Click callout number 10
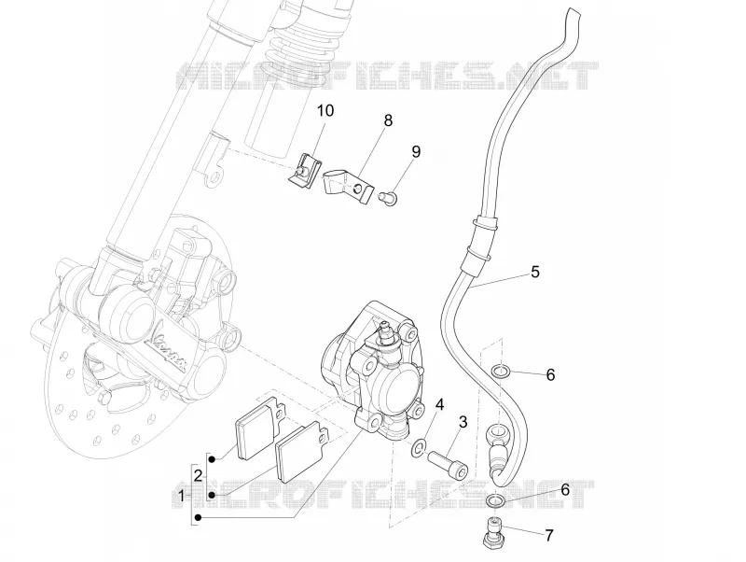pyautogui.click(x=325, y=110)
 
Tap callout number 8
pyautogui.click(x=388, y=120)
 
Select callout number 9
pyautogui.click(x=416, y=152)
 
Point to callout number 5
pyautogui.click(x=535, y=272)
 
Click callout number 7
pyautogui.click(x=549, y=535)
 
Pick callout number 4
pyautogui.click(x=439, y=405)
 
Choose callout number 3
pyautogui.click(x=463, y=422)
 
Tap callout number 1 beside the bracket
pyautogui.click(x=181, y=497)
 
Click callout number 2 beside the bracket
pyautogui.click(x=199, y=475)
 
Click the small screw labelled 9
pyautogui.click(x=389, y=197)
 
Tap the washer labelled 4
pyautogui.click(x=419, y=448)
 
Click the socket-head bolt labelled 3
pyautogui.click(x=448, y=465)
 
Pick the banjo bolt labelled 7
pyautogui.click(x=493, y=531)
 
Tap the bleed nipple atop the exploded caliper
pyautogui.click(x=386, y=333)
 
